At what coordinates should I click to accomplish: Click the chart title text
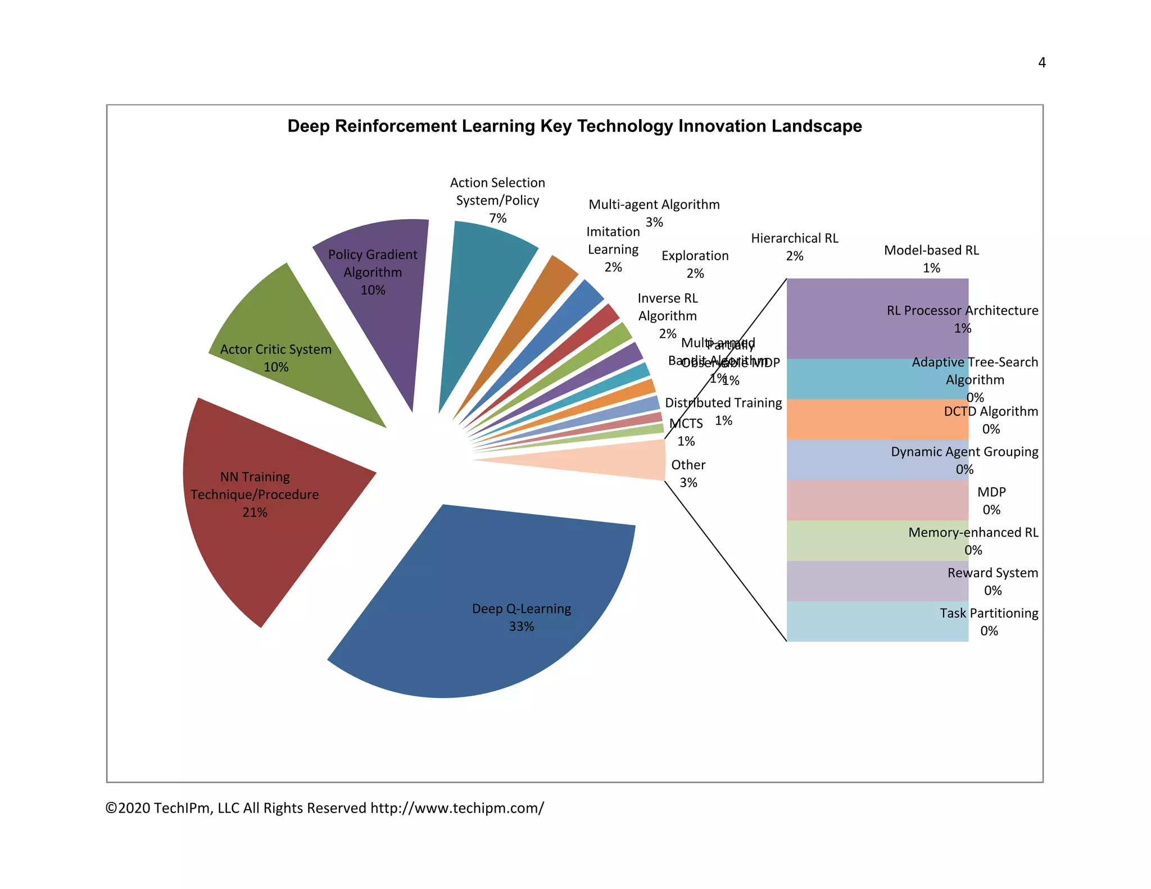(x=574, y=126)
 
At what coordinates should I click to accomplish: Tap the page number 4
(x=1041, y=62)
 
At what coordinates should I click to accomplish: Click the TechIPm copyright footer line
(x=324, y=808)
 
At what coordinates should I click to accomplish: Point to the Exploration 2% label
(x=695, y=264)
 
